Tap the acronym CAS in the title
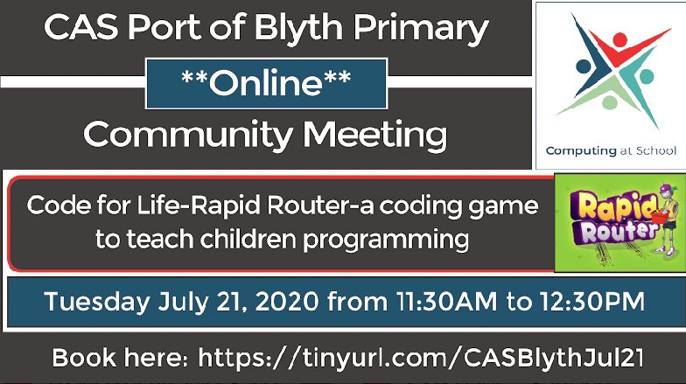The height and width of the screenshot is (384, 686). (x=78, y=29)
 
